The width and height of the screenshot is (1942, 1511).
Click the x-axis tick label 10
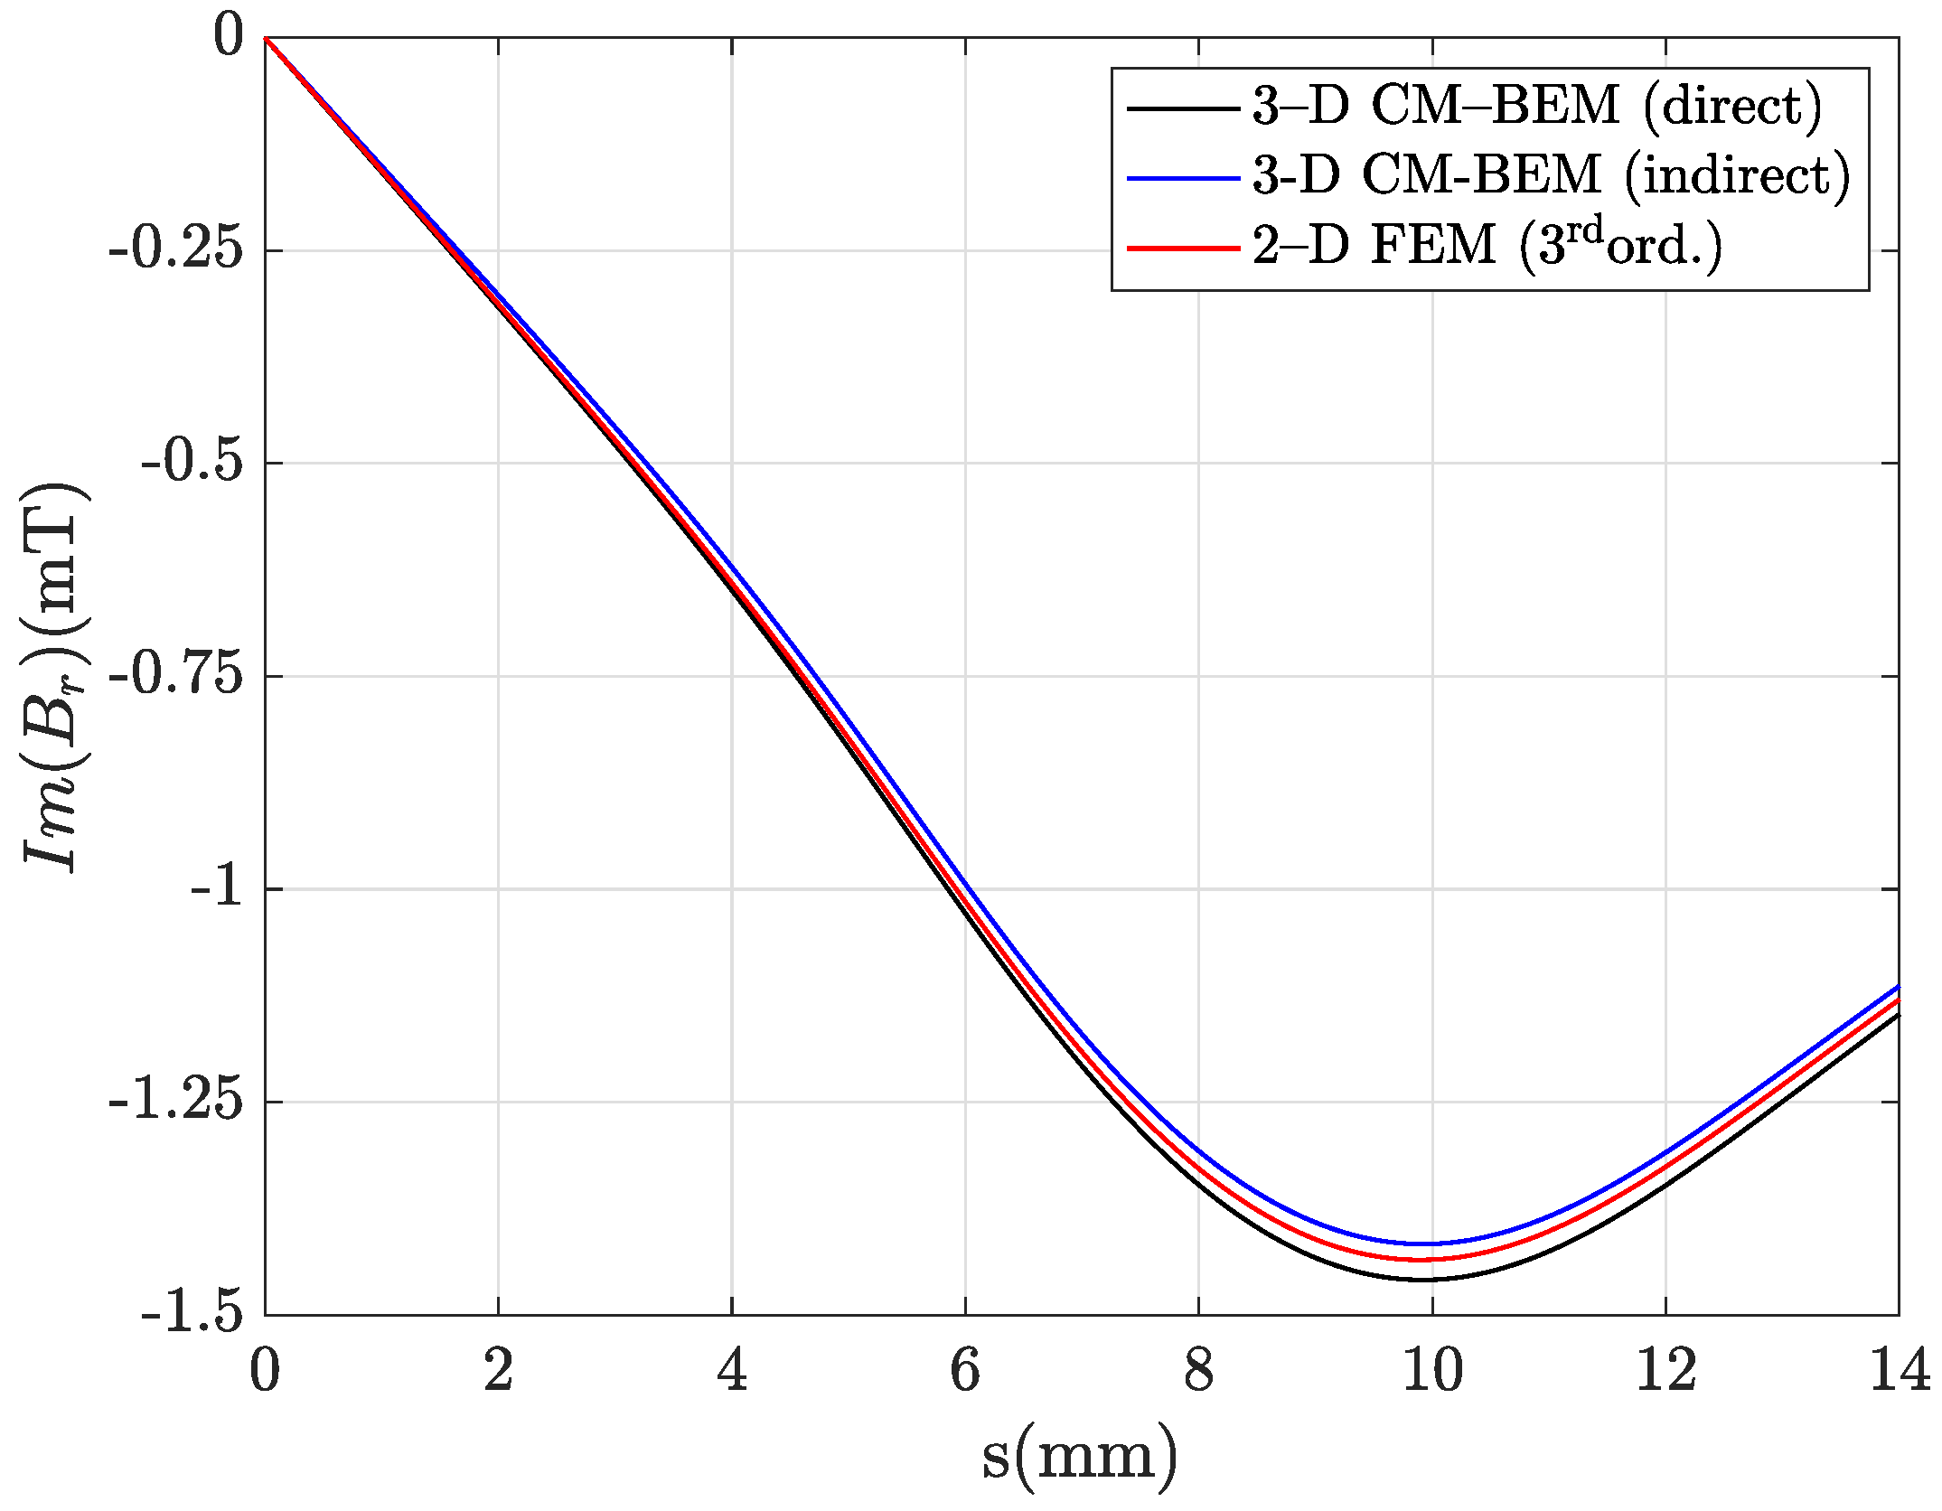(1432, 1372)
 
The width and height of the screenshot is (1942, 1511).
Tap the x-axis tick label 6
(965, 1372)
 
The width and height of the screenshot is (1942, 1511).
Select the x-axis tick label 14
(1898, 1372)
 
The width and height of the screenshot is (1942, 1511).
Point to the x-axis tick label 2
(498, 1372)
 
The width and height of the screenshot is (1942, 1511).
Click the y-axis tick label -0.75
(177, 676)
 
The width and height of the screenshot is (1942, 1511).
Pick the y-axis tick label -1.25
(177, 1102)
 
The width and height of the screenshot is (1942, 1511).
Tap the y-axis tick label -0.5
(192, 463)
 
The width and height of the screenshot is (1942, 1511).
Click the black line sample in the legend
(1182, 108)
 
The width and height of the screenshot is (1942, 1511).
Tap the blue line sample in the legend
(1182, 177)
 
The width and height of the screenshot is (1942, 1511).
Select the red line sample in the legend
(1182, 247)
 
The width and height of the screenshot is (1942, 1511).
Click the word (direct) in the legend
(1731, 107)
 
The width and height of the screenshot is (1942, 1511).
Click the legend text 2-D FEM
(1374, 246)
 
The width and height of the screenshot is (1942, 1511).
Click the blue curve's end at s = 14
(1897, 986)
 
